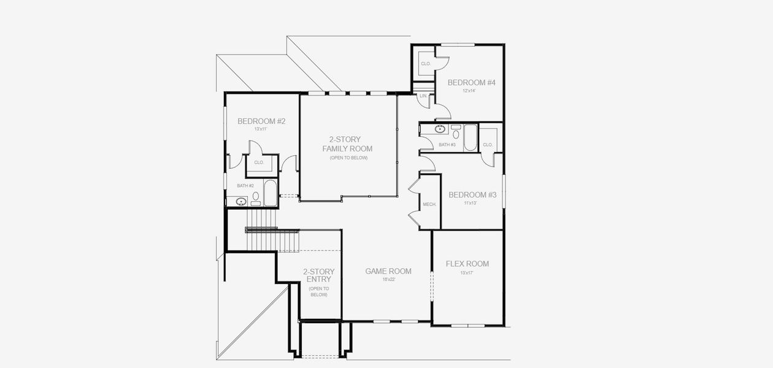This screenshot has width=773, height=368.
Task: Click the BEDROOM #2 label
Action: click(262, 121)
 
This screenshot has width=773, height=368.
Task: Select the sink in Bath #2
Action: click(241, 201)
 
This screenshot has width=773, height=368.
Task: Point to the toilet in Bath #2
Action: click(256, 198)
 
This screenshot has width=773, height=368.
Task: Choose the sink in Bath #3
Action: click(439, 129)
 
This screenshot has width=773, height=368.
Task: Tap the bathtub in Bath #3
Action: click(469, 137)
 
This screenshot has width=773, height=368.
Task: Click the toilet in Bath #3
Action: click(456, 131)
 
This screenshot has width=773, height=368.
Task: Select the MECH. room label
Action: click(429, 204)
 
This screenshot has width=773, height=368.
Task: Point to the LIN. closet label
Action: click(423, 96)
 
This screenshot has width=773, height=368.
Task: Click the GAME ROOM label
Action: click(388, 271)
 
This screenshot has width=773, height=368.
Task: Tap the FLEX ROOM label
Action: click(467, 264)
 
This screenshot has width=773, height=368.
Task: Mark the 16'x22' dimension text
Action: click(388, 279)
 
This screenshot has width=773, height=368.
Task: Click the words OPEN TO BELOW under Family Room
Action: click(347, 158)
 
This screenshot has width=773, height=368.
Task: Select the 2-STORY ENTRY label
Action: click(319, 275)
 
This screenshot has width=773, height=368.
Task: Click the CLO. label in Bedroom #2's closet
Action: click(259, 163)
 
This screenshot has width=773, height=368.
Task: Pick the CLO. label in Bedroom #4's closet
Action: click(425, 64)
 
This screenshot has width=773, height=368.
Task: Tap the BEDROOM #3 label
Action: click(472, 195)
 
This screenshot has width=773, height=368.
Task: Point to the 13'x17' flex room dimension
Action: click(467, 272)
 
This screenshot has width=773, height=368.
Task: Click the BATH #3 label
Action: click(447, 145)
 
